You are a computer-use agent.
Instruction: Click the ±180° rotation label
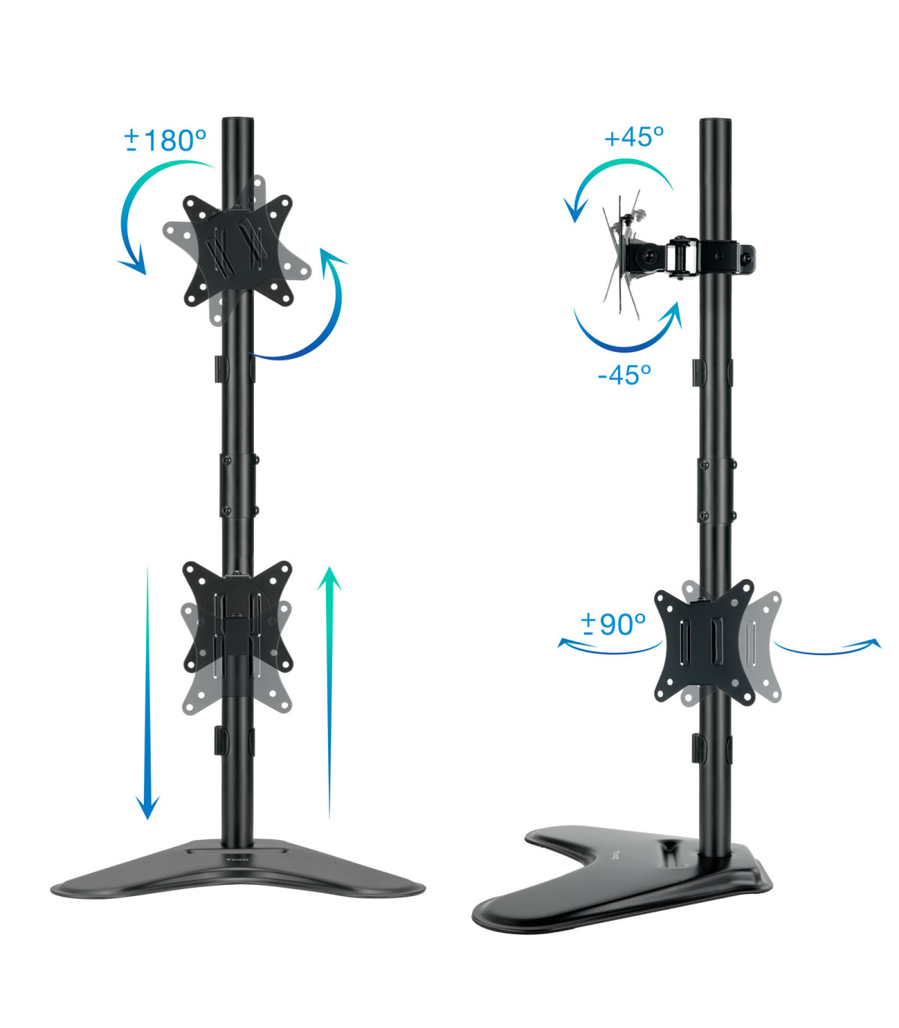[166, 140]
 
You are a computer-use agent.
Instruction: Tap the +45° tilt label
[634, 137]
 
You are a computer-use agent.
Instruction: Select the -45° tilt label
[624, 374]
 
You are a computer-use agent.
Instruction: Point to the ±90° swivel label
[613, 623]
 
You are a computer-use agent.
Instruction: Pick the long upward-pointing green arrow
[330, 689]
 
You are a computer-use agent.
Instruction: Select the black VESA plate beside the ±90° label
[704, 641]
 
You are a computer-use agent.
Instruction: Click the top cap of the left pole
[238, 122]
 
